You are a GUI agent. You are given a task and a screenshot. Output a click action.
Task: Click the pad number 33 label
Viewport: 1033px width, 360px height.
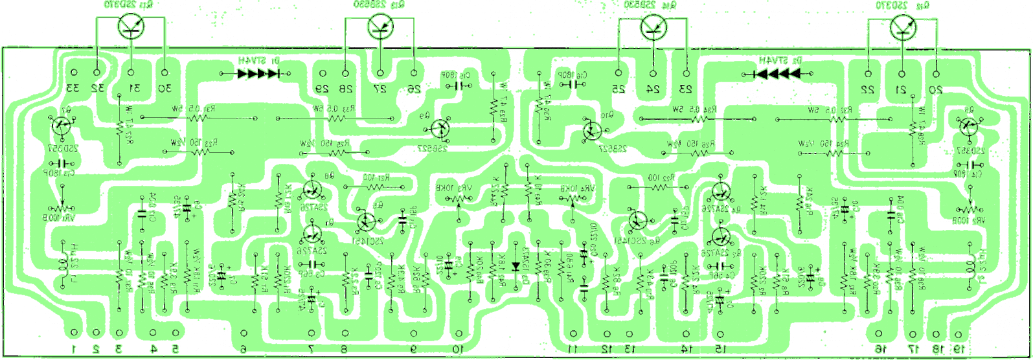73,88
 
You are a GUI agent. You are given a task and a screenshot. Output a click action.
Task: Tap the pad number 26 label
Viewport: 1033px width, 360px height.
413,89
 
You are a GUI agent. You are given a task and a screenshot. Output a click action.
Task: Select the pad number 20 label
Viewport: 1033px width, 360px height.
936,89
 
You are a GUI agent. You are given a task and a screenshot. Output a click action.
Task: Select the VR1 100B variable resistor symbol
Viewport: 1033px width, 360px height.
63,207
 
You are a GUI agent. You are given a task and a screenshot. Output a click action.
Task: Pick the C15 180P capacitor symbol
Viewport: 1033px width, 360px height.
464,85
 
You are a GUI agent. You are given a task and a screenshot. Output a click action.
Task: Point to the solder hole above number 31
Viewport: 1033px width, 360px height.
131,73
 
